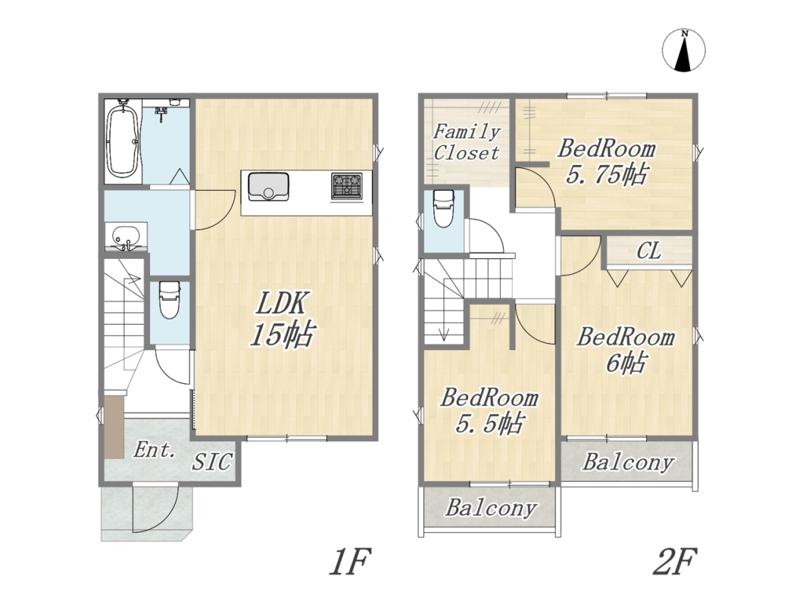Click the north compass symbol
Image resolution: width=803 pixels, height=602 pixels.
683,51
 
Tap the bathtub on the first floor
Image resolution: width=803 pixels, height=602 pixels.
123,139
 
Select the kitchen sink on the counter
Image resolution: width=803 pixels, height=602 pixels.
268,187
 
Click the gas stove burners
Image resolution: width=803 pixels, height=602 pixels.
346,186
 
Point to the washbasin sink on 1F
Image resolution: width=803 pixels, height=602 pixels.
126,238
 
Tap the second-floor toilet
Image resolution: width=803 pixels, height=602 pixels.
443,208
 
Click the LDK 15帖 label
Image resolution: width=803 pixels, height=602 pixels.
281,320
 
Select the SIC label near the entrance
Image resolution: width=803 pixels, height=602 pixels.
212,462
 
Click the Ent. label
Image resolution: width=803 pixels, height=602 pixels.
155,451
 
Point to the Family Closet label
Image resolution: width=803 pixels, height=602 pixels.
467,142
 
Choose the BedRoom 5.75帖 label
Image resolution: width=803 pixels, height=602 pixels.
606,162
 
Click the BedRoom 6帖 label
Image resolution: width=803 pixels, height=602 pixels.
625,351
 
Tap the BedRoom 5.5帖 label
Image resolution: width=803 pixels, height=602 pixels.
489,411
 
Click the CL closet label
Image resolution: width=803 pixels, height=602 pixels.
648,252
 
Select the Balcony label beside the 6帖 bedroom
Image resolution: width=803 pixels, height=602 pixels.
627,463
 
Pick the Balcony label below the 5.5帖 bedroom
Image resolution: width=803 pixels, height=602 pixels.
491,508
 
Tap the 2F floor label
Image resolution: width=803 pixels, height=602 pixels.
674,562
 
